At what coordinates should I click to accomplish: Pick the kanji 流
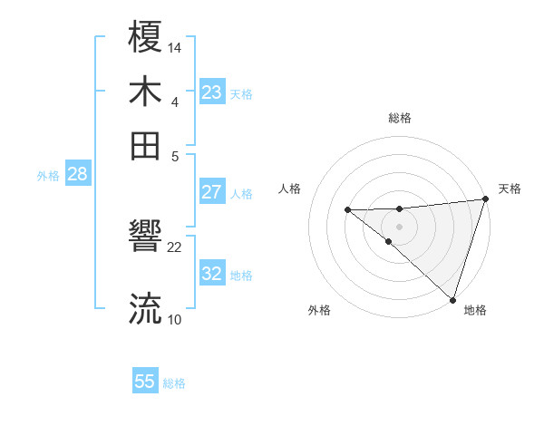click(x=146, y=309)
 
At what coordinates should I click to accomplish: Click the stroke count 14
click(x=175, y=46)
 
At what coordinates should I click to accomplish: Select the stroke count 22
click(x=175, y=247)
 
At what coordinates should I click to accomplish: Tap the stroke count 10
click(x=175, y=319)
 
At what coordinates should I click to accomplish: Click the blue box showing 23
click(x=212, y=92)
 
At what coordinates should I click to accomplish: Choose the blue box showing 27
click(x=212, y=192)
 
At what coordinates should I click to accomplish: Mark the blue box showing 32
click(x=212, y=274)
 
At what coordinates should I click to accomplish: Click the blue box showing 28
click(x=77, y=175)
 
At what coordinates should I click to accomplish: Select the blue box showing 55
click(x=145, y=382)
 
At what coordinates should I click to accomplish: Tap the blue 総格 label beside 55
click(x=174, y=383)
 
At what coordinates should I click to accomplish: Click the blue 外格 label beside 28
click(x=48, y=176)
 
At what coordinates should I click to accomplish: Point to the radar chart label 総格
click(x=400, y=118)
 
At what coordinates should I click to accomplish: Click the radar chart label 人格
click(x=290, y=189)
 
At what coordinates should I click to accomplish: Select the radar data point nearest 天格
click(x=485, y=200)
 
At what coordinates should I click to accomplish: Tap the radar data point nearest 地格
click(x=452, y=299)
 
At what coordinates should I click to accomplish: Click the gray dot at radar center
click(x=399, y=226)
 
